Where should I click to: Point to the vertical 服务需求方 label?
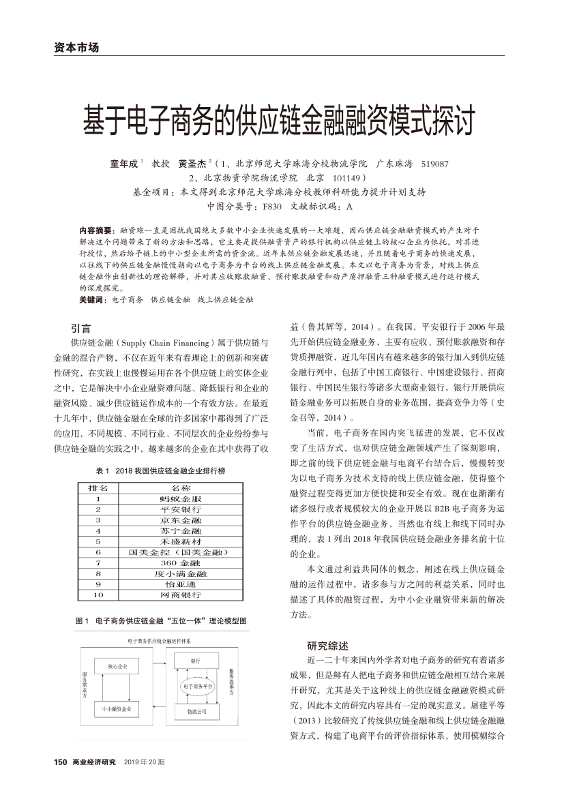click(x=85, y=685)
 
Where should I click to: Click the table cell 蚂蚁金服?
click(x=181, y=498)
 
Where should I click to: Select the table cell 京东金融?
click(x=181, y=520)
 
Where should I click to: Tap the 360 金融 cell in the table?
click(x=181, y=562)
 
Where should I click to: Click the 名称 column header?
click(x=181, y=488)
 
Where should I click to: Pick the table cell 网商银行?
click(x=181, y=595)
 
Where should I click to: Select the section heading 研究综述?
click(x=328, y=646)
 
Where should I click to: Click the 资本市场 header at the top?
click(x=76, y=48)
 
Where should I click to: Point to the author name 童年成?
click(x=124, y=164)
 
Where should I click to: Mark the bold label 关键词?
click(x=94, y=299)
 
